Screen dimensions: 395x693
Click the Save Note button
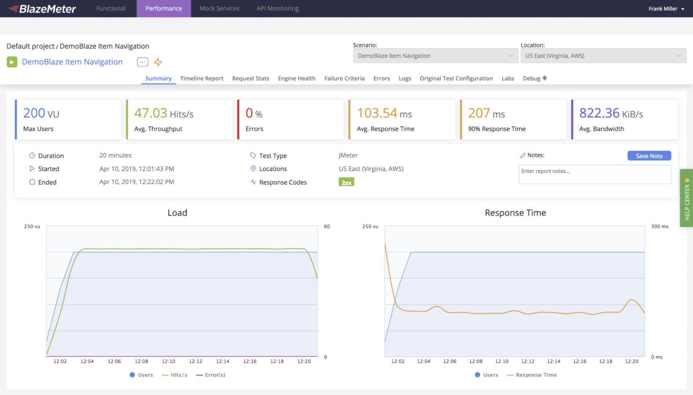pos(649,156)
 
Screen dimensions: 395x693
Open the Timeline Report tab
pos(201,78)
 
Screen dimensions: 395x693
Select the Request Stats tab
pos(251,78)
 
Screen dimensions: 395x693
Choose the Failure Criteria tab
pos(344,78)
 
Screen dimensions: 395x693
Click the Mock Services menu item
pos(219,8)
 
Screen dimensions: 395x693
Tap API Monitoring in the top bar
pos(277,8)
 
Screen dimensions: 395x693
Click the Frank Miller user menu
pos(666,8)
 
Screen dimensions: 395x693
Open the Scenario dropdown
pos(435,56)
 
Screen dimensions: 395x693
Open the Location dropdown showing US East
pos(603,56)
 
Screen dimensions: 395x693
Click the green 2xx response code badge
pos(346,182)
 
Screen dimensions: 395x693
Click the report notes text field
pos(594,174)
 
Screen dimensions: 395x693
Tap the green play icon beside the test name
pos(12,62)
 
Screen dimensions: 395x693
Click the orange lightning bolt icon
pos(158,62)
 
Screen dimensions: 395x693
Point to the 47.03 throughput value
pos(150,113)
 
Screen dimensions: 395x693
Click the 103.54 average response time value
pos(377,113)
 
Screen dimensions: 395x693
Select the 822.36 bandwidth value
pos(599,113)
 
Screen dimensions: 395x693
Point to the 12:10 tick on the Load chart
pos(169,361)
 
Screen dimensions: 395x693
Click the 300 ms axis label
pos(659,226)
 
